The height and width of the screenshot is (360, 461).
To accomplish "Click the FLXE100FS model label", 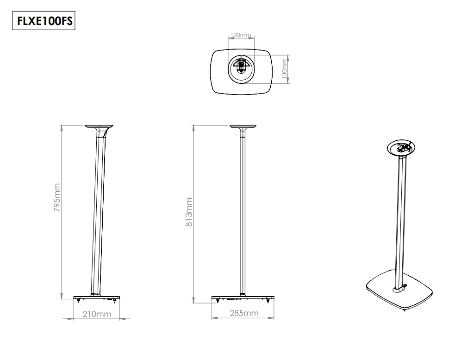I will (44, 21).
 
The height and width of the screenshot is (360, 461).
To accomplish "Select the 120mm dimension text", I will (240, 35).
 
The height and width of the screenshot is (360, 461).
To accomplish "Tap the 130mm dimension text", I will (285, 69).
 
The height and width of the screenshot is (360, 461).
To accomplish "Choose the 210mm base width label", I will (97, 314).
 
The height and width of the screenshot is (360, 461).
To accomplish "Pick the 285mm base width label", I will (244, 313).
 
